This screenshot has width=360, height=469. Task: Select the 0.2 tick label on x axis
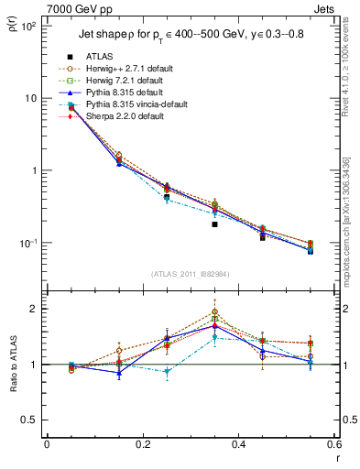142,444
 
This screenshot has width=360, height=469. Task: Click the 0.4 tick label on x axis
238,444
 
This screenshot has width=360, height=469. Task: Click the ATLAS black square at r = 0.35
214,224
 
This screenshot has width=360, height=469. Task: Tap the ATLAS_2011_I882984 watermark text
191,274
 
